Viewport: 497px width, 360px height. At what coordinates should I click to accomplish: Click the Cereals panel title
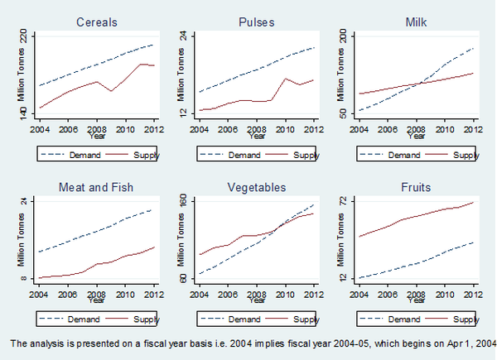click(96, 21)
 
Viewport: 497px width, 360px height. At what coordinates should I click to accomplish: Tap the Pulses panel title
click(257, 21)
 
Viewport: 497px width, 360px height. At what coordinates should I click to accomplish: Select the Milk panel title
click(416, 21)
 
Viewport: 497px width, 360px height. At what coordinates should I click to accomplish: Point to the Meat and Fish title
click(96, 187)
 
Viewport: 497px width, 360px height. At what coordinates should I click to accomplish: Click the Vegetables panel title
click(257, 187)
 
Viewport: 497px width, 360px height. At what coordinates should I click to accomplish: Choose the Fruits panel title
click(416, 187)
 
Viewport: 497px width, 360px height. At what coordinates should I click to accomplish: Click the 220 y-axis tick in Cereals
click(24, 38)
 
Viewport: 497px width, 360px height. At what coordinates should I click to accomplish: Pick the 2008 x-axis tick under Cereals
click(96, 129)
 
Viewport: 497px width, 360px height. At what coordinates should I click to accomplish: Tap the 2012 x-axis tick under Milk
click(473, 129)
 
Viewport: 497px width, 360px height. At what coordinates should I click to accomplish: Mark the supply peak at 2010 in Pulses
click(285, 79)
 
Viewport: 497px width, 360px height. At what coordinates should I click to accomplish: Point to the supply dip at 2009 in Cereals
click(111, 90)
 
